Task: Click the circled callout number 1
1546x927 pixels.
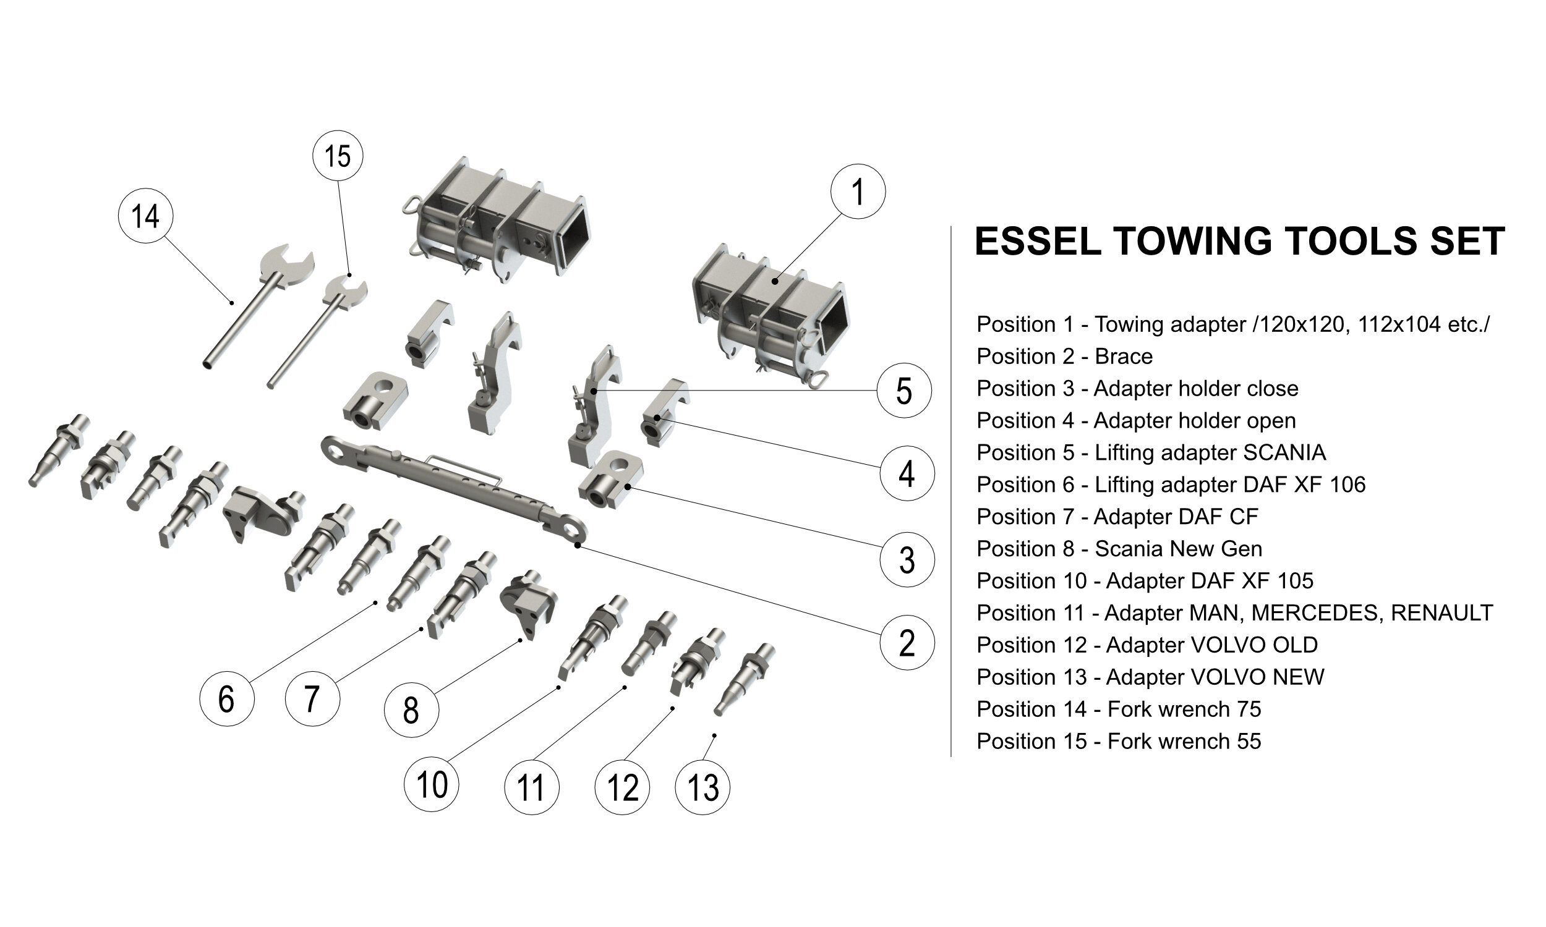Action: coord(857,191)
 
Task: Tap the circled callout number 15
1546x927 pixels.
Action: coord(338,156)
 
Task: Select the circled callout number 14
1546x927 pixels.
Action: coord(145,216)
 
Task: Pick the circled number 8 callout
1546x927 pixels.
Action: coord(411,710)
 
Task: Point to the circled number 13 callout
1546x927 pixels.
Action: coord(703,787)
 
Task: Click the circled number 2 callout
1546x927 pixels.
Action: coord(906,643)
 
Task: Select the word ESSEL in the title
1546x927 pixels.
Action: coord(1037,241)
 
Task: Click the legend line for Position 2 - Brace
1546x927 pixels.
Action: coord(1064,357)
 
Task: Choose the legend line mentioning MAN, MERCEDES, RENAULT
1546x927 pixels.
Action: coord(1234,613)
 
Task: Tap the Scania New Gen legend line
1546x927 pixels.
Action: coord(1119,549)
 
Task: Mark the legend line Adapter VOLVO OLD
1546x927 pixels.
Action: coord(1147,645)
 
